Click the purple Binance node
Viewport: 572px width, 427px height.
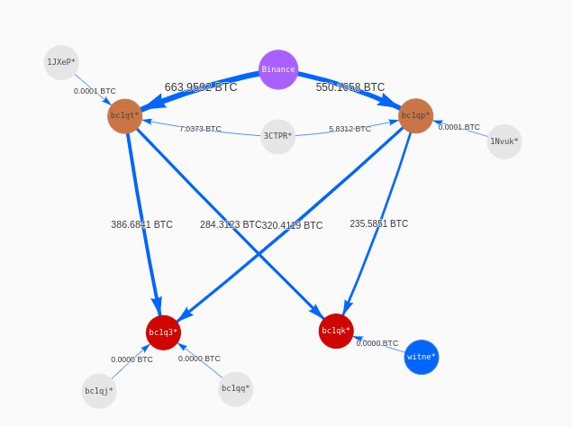[278, 69]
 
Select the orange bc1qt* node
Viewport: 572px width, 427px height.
[125, 116]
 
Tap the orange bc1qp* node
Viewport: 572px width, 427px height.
[415, 116]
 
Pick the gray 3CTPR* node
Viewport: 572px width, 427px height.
[277, 137]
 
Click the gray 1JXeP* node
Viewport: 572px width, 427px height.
[61, 62]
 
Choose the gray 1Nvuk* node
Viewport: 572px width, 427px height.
[504, 141]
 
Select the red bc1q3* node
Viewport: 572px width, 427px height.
[164, 332]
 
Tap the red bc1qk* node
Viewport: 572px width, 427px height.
[336, 331]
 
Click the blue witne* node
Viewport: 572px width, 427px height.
[422, 357]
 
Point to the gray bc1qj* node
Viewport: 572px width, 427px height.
[99, 391]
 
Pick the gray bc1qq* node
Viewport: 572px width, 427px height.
[235, 389]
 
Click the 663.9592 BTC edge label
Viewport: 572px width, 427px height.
[201, 87]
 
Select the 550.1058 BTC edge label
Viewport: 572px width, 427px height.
[350, 87]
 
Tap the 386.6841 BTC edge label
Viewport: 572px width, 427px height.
[141, 224]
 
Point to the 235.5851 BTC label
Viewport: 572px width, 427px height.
[378, 223]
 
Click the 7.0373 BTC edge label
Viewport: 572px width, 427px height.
[200, 129]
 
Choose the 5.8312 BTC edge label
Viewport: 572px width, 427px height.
[350, 129]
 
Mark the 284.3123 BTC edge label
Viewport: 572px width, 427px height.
[231, 225]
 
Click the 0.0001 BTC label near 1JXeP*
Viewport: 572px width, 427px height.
[95, 91]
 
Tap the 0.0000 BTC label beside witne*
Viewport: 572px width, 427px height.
[377, 343]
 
